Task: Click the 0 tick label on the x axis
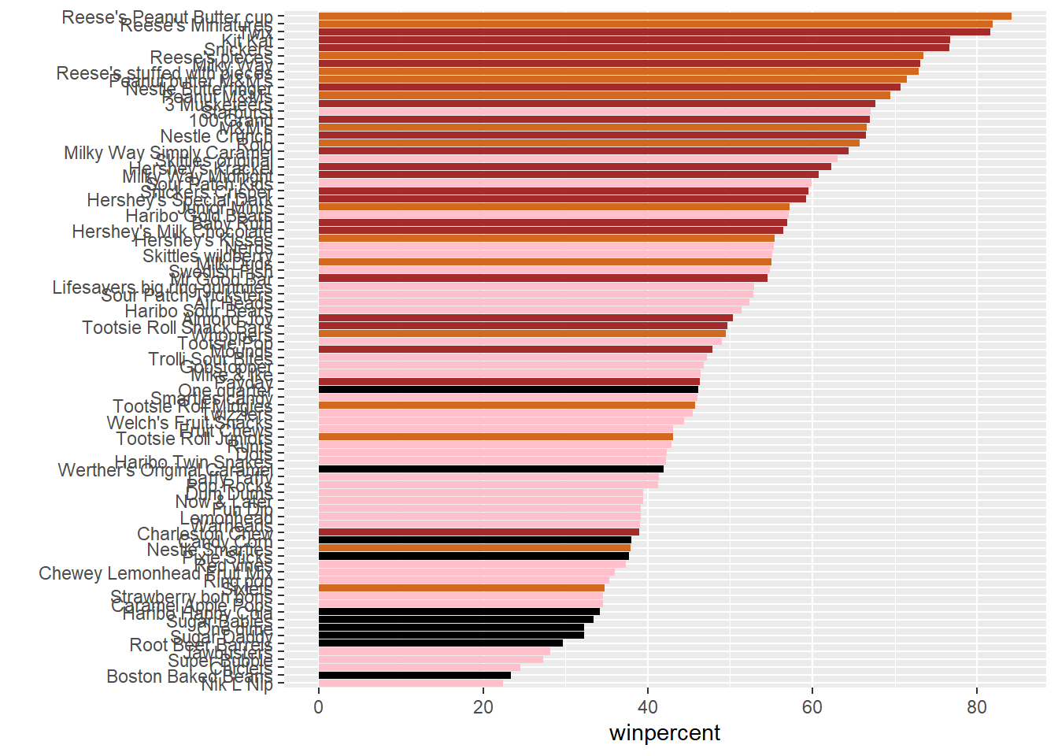(318, 707)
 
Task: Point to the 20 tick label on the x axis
(483, 707)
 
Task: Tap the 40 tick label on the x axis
(648, 707)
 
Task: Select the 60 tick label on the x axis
(812, 707)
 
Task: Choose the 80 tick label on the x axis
(977, 707)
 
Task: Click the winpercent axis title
(664, 733)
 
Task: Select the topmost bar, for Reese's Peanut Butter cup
(664, 17)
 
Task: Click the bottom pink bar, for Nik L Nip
(410, 684)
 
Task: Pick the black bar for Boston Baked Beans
(414, 676)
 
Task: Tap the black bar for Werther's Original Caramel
(490, 469)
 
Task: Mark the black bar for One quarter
(508, 390)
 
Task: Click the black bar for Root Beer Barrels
(440, 643)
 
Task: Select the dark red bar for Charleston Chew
(479, 532)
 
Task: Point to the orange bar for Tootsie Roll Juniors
(495, 437)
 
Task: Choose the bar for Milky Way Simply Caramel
(583, 151)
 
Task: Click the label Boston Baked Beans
(189, 676)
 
